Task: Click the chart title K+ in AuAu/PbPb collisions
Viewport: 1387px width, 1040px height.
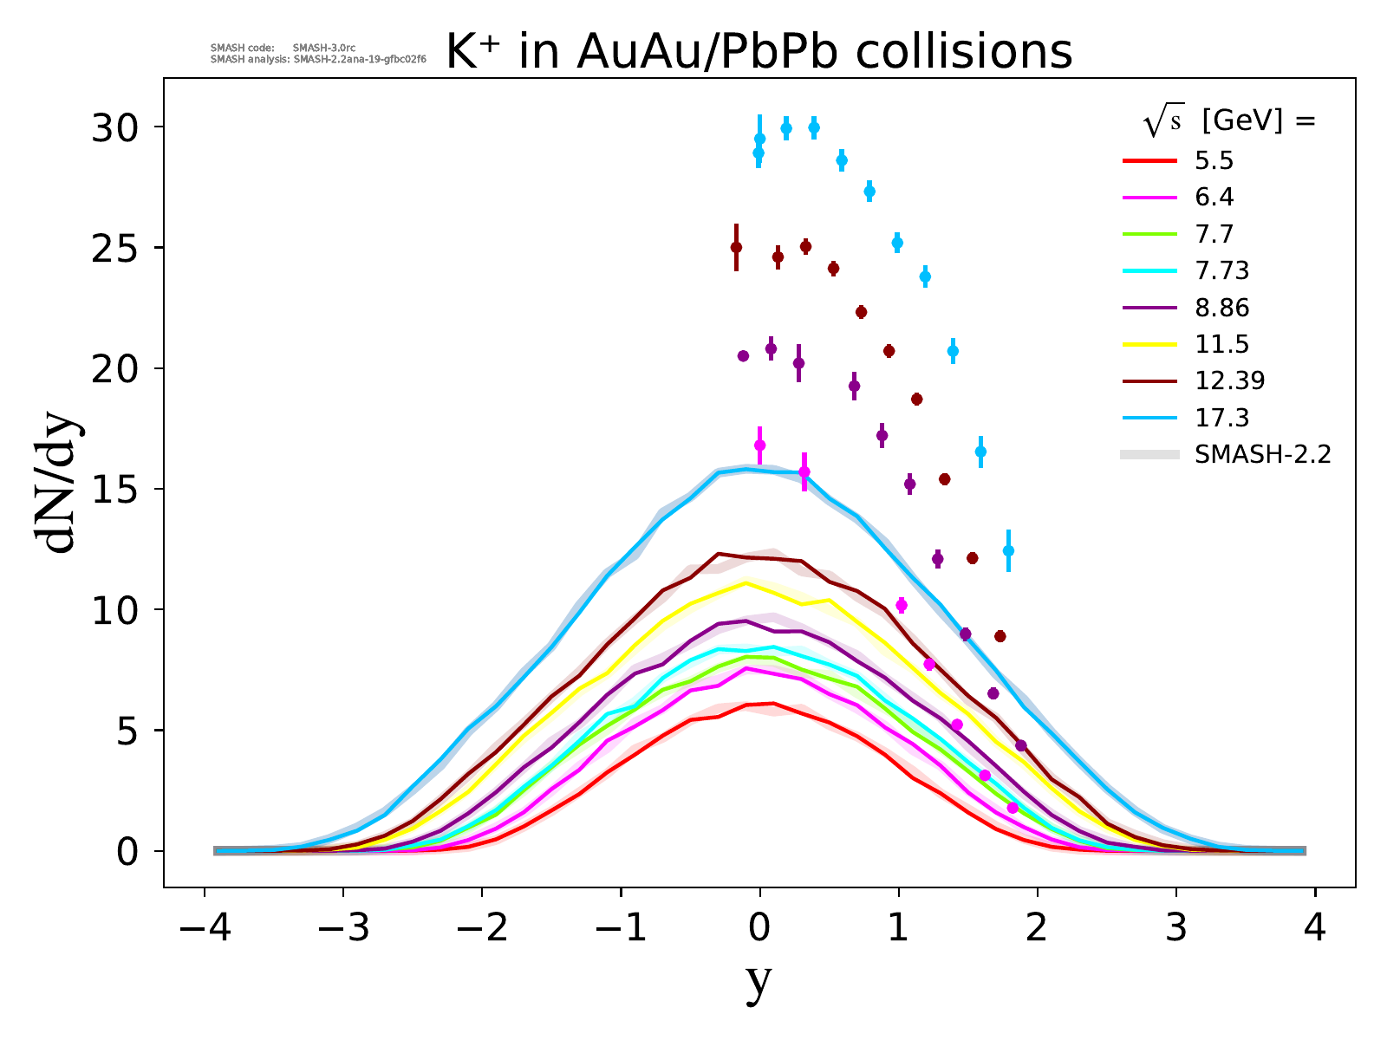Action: pyautogui.click(x=759, y=53)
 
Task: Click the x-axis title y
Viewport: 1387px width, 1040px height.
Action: pyautogui.click(x=759, y=982)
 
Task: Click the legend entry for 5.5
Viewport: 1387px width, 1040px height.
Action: pyautogui.click(x=1214, y=161)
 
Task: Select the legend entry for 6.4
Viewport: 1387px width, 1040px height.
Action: pyautogui.click(x=1214, y=198)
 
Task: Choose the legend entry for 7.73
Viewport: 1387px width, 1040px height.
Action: pyautogui.click(x=1221, y=271)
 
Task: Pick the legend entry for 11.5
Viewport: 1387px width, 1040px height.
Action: pyautogui.click(x=1221, y=344)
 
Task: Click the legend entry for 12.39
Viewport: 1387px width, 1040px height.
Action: pyautogui.click(x=1229, y=380)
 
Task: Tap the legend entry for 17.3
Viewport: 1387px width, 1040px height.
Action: pyautogui.click(x=1221, y=418)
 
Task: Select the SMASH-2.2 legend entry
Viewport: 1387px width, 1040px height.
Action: pyautogui.click(x=1261, y=454)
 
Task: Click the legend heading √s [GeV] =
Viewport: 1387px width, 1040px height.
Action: pyautogui.click(x=1230, y=122)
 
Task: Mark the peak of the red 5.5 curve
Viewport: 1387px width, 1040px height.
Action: pyautogui.click(x=773, y=703)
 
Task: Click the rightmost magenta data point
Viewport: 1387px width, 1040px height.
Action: pyautogui.click(x=1013, y=808)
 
